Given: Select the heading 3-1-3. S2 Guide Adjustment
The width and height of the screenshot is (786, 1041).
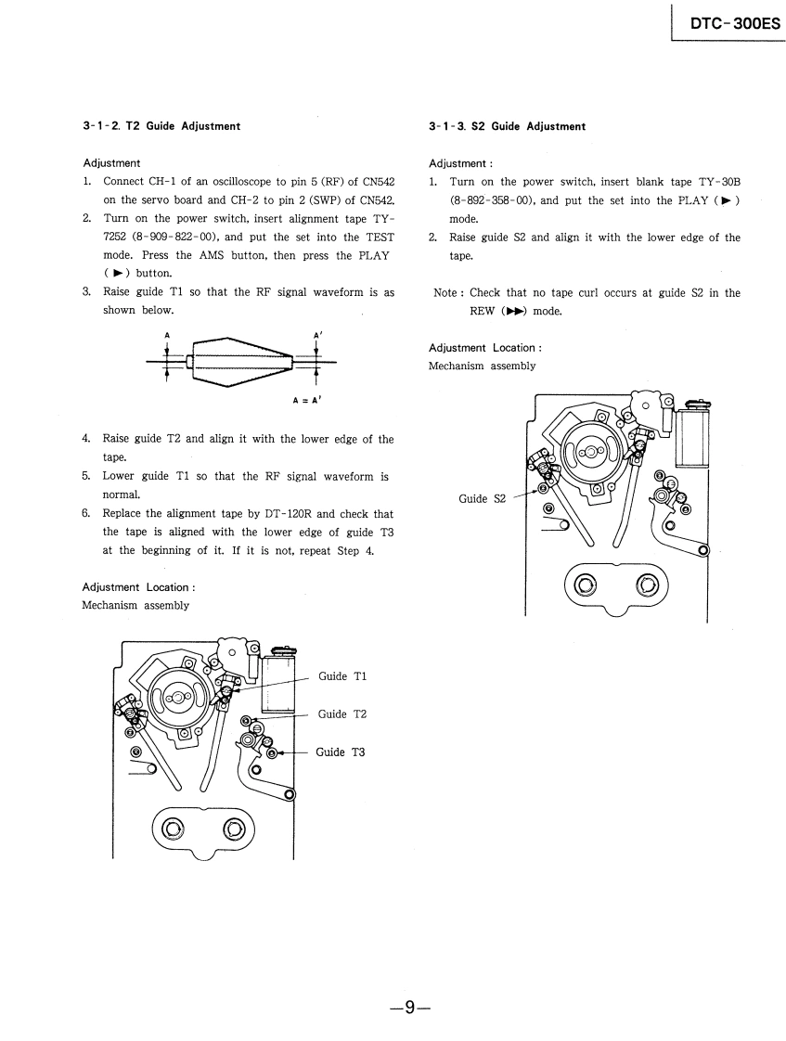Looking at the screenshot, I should [508, 126].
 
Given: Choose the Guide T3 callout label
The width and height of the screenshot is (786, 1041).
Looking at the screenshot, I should [341, 752].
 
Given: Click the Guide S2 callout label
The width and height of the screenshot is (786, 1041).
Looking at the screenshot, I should [483, 499].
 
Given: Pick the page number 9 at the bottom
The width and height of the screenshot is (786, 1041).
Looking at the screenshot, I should [412, 1002].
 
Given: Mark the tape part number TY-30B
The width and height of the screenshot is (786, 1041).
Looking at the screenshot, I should [717, 182].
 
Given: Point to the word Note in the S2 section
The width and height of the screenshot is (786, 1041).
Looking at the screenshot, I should [447, 293].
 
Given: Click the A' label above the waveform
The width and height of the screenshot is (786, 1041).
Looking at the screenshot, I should [318, 335].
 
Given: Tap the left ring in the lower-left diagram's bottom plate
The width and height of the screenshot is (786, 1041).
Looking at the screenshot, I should [173, 829].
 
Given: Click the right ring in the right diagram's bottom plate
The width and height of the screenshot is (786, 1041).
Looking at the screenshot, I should [646, 585].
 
